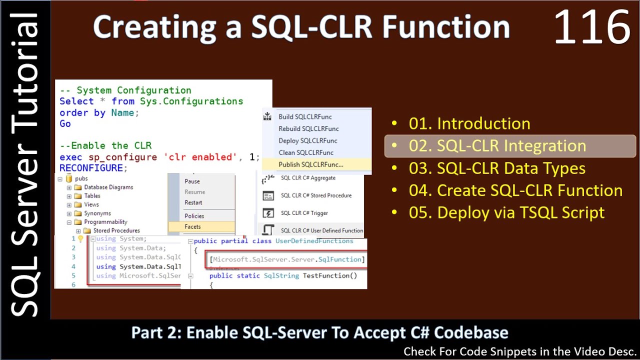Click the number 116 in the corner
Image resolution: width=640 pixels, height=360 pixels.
[x=591, y=27]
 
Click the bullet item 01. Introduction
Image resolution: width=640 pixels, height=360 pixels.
[x=469, y=123]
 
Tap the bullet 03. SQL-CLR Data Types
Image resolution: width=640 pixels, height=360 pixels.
[x=496, y=168]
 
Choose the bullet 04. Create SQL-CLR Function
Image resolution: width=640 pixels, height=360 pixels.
[x=515, y=190]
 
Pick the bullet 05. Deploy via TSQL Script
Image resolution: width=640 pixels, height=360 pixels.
[x=506, y=212]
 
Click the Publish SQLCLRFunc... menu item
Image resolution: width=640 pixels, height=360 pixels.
[x=310, y=164]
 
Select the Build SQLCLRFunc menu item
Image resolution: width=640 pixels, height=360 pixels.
[x=305, y=116]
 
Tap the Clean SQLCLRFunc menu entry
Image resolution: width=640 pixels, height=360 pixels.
[x=305, y=152]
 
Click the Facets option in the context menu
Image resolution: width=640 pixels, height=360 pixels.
[x=192, y=226]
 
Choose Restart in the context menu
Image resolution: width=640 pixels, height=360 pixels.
[x=193, y=202]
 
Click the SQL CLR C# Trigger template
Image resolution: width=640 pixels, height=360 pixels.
[x=304, y=213]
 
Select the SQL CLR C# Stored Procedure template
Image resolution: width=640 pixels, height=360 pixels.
[x=316, y=195]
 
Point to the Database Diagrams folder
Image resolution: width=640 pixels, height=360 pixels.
[x=108, y=187]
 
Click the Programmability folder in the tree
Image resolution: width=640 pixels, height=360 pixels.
[x=105, y=222]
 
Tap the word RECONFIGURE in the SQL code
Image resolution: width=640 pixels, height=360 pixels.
[x=91, y=168]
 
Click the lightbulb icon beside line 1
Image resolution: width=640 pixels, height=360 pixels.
[x=80, y=239]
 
